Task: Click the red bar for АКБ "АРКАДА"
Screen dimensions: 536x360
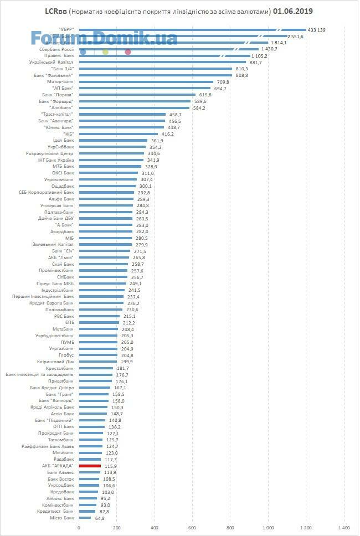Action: point(90,466)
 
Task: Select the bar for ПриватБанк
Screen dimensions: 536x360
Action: point(96,382)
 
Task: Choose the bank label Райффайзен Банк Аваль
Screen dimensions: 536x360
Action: point(48,446)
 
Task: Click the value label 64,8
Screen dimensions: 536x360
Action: point(99,518)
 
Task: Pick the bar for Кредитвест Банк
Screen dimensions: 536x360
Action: point(87,512)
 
